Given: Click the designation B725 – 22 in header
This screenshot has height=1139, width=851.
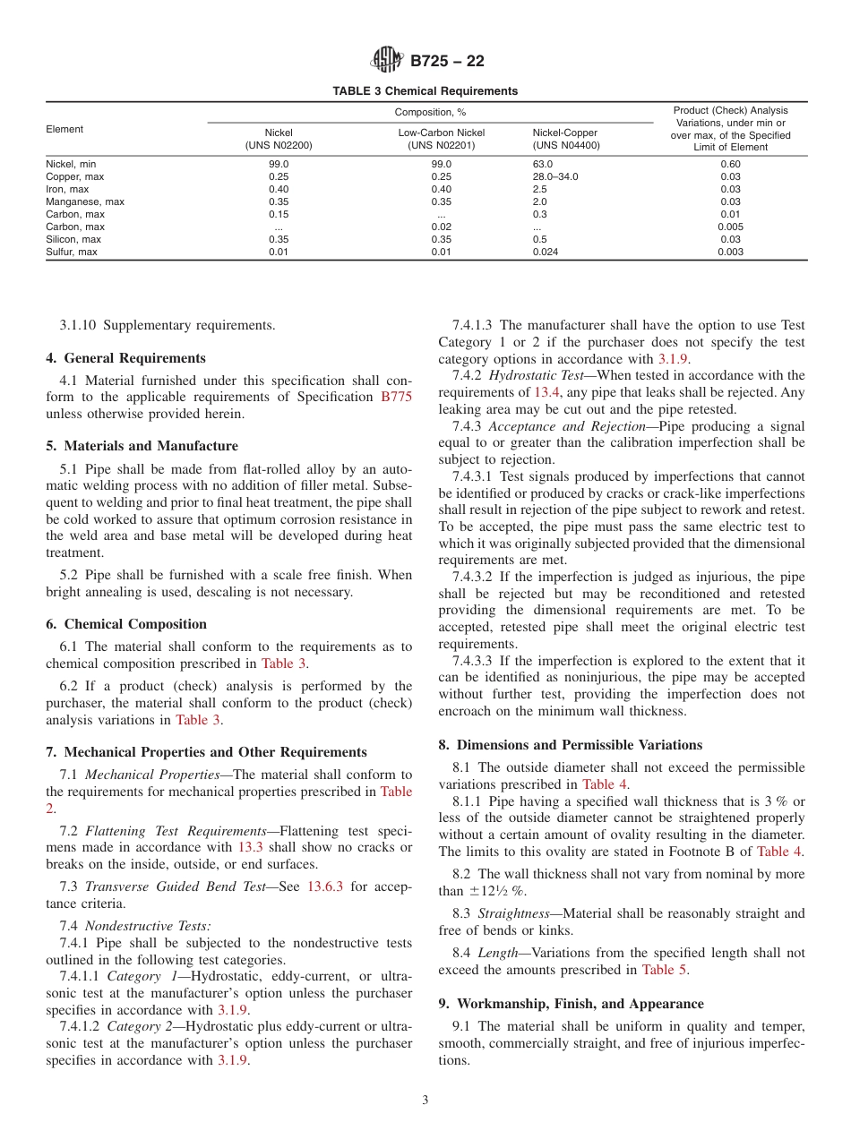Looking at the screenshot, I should click(x=447, y=62).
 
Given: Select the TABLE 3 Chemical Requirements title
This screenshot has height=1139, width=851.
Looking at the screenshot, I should click(x=425, y=91).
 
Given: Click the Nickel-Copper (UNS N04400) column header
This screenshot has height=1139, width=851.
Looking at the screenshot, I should click(x=565, y=139).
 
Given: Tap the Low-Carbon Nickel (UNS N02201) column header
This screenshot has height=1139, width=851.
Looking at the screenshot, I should click(x=442, y=139).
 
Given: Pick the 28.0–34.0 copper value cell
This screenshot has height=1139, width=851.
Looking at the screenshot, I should click(x=555, y=176).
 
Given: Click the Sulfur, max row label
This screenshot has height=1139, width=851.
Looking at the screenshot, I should click(x=72, y=252).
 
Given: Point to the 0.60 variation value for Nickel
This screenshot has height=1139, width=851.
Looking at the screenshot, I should click(x=730, y=164).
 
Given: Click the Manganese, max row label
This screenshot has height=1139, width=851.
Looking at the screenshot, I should click(x=85, y=201).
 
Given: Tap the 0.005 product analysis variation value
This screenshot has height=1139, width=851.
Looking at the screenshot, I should click(x=730, y=227).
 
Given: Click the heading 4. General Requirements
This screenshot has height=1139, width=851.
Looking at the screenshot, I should click(x=125, y=358).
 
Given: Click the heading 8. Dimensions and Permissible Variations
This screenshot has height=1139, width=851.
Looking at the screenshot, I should click(x=570, y=745).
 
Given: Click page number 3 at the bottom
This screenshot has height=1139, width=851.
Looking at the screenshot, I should click(x=425, y=1100).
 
